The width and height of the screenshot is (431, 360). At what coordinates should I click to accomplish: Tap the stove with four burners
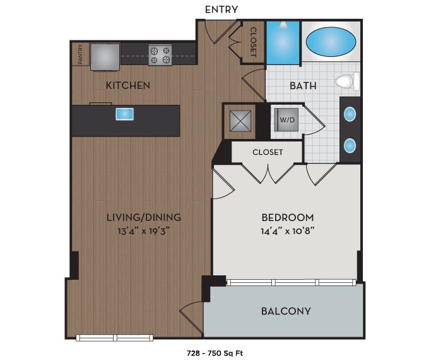[160, 55]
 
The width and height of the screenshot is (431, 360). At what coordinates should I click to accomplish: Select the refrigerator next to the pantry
[105, 56]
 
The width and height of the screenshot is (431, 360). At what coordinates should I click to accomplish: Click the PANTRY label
[80, 54]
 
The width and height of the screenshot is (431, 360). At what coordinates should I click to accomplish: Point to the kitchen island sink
[124, 114]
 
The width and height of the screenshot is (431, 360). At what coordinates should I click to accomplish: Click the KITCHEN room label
[127, 85]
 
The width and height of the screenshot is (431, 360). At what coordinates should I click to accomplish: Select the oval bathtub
[331, 42]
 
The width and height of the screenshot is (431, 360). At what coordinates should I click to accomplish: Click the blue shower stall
[282, 43]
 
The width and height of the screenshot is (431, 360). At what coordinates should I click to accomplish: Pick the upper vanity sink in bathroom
[349, 115]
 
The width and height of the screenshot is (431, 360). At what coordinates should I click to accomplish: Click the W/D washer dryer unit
[287, 119]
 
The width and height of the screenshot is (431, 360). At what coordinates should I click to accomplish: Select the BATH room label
[303, 85]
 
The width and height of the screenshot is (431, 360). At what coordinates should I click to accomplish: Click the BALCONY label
[286, 311]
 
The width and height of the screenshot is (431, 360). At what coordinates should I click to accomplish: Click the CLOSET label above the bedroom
[268, 152]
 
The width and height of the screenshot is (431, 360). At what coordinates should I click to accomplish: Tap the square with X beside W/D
[240, 119]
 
